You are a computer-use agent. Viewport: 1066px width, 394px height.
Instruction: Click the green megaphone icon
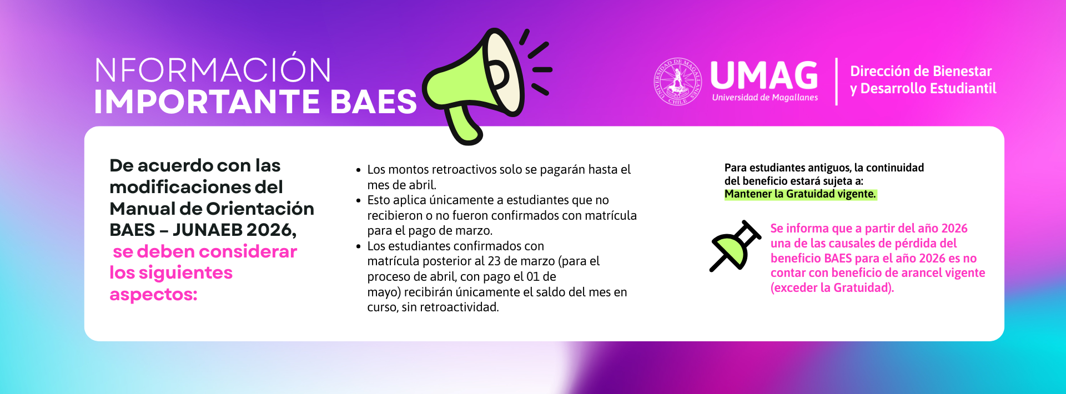(477, 83)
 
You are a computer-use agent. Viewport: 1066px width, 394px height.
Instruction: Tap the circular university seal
(677, 82)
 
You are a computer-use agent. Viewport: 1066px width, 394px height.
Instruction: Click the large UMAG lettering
(764, 75)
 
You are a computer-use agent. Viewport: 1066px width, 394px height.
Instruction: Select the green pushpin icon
(735, 246)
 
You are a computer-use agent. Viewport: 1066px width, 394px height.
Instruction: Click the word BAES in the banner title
(373, 102)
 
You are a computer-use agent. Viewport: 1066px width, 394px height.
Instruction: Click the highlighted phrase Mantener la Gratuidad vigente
(800, 194)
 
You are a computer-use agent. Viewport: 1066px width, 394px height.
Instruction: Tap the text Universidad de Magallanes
(765, 98)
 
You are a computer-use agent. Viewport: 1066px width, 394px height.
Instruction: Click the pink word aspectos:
(153, 295)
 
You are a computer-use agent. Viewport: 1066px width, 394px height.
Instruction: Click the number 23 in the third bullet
(494, 261)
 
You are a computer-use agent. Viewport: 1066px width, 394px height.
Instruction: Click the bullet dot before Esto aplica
(359, 200)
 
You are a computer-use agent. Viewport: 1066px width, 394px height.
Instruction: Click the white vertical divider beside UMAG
(837, 82)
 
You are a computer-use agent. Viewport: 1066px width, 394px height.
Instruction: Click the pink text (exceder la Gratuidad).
(832, 287)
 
